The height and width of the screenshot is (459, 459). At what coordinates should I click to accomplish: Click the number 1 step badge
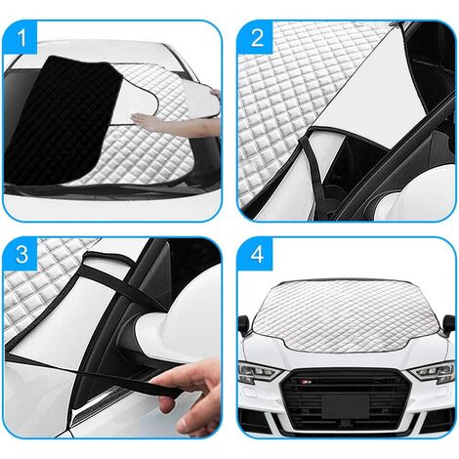[21, 38]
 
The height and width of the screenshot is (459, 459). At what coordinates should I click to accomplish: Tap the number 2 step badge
[257, 38]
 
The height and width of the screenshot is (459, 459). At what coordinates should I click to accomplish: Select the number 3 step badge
[21, 254]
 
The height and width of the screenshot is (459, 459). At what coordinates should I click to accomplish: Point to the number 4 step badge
[257, 254]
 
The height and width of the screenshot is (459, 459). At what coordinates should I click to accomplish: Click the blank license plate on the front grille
[345, 405]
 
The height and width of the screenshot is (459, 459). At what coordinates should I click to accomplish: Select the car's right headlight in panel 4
[433, 372]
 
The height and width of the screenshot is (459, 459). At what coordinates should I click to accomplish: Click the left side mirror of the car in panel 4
[244, 325]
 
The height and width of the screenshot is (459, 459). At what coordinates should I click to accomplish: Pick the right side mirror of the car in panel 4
[448, 324]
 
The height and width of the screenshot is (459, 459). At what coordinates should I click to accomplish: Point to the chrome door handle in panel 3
[98, 407]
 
